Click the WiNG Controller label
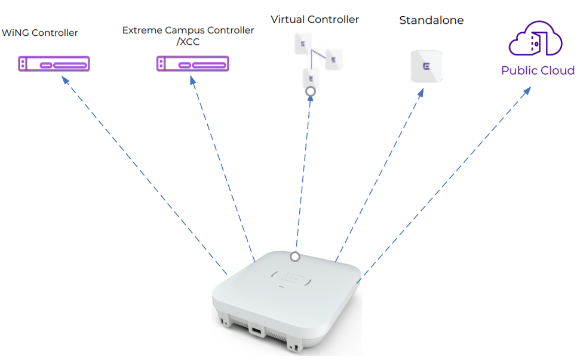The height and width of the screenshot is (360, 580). point(40,33)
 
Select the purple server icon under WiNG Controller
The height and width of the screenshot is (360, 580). point(54,63)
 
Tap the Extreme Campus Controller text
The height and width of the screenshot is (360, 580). point(188,30)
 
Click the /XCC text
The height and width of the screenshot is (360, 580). point(188,42)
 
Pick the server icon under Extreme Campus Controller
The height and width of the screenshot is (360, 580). point(192,63)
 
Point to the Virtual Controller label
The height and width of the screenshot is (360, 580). point(315,20)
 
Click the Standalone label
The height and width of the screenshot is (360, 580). point(431,21)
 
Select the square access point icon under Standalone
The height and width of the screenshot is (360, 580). point(426,66)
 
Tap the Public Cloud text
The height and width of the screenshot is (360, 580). point(538,70)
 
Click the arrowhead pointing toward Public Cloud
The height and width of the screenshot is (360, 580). point(527,91)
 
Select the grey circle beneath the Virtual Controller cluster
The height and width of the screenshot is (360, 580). point(310,91)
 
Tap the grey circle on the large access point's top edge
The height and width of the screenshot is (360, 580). point(294,257)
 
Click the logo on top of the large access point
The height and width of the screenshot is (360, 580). point(293,278)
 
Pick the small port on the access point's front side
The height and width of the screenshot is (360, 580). point(255,330)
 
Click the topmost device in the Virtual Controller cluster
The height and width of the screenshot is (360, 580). point(303,44)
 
